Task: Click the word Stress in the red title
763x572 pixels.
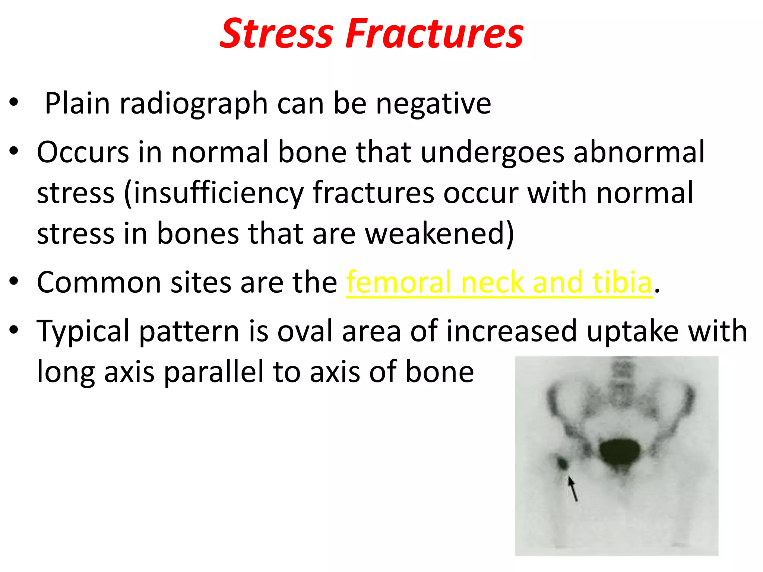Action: tap(276, 34)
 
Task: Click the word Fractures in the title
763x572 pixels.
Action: tap(434, 34)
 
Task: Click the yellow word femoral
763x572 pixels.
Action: tap(399, 282)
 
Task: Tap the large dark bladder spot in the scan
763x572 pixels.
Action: tap(620, 452)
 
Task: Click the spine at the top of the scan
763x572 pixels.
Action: tap(622, 384)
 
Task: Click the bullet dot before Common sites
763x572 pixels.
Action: tap(14, 282)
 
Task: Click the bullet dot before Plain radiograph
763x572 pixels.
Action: tap(14, 102)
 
